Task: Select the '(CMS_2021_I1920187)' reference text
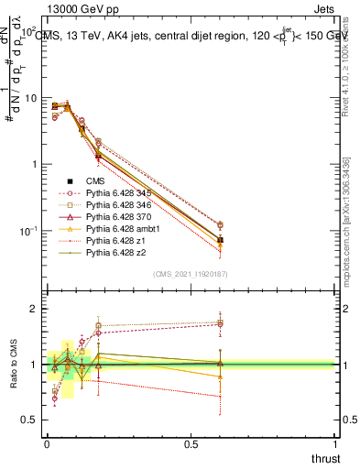(190, 275)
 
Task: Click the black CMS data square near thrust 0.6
(220, 240)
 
